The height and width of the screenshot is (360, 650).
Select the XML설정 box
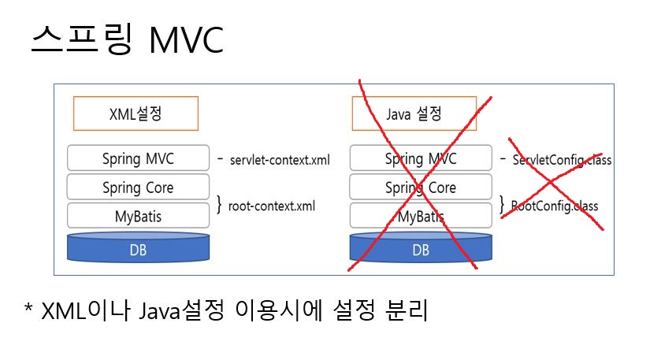[x=136, y=114]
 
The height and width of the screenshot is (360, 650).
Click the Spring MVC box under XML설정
[x=138, y=158]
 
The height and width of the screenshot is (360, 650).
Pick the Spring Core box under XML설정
[x=138, y=187]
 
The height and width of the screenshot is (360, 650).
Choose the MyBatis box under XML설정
[x=138, y=216]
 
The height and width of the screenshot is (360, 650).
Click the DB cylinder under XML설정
[x=138, y=248]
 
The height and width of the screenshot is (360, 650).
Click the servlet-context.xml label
[x=280, y=160]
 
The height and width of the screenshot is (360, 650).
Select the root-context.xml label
[x=271, y=206]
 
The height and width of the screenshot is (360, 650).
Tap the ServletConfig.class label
[x=562, y=160]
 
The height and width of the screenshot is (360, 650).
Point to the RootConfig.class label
[x=555, y=206]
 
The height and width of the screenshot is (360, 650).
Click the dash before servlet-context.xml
[x=221, y=159]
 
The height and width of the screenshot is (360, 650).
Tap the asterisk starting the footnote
[x=29, y=310]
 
